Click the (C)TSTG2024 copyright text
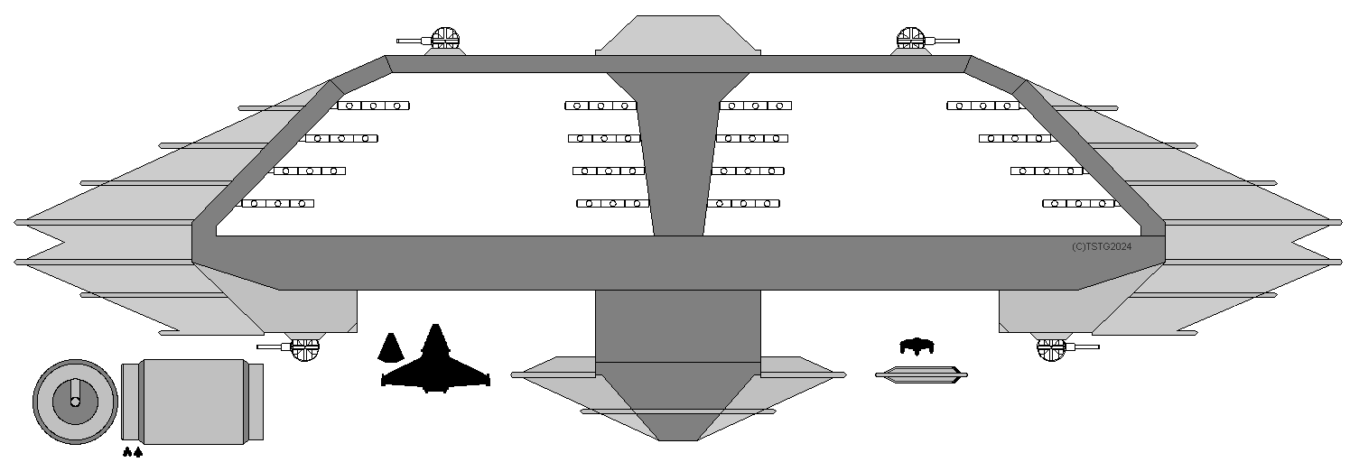(1101, 246)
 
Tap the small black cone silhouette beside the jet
(389, 348)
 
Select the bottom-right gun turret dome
(1051, 346)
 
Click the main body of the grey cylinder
(194, 401)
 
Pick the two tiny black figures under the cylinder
(132, 452)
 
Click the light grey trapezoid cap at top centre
(674, 34)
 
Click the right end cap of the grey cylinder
(256, 401)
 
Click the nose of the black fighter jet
(435, 328)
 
